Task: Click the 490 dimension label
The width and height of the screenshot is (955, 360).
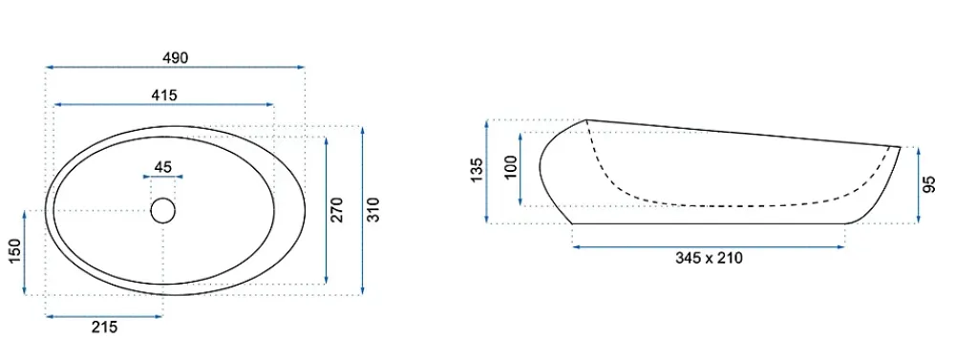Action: (x=176, y=58)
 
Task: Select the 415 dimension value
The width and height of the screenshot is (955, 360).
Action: (x=164, y=95)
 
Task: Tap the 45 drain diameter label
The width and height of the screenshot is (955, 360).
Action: (x=163, y=166)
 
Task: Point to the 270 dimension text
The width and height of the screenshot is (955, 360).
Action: (x=338, y=209)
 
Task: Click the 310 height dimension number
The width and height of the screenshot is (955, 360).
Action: (x=373, y=209)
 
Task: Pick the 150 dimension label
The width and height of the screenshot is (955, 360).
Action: (x=14, y=251)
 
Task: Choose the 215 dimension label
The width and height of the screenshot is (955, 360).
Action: (x=104, y=328)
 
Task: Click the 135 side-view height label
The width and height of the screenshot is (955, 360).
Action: (x=477, y=170)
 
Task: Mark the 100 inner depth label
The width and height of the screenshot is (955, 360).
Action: (x=510, y=166)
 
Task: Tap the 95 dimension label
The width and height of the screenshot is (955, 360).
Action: (x=929, y=184)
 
